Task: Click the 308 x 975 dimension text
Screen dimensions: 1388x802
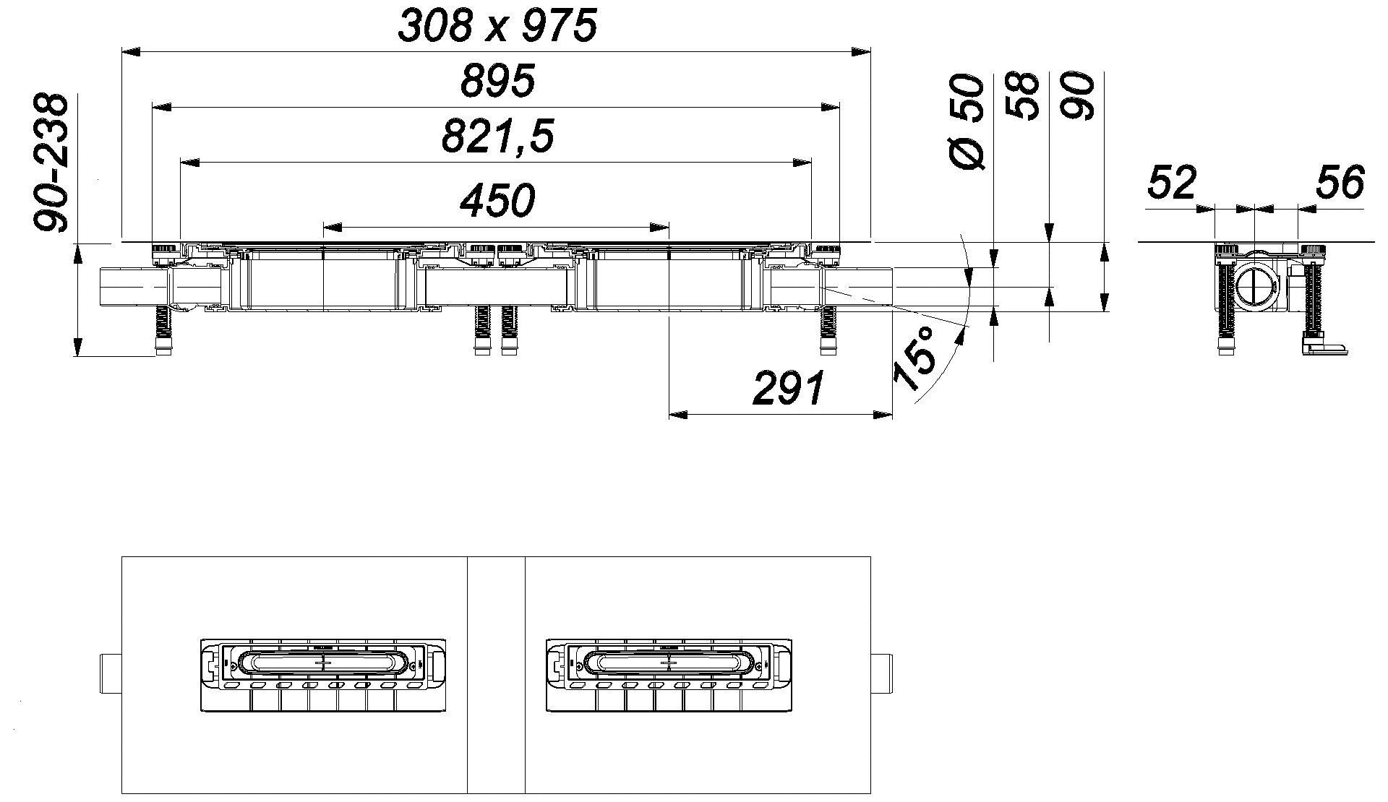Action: tap(497, 27)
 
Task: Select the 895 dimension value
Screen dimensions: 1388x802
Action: tap(498, 81)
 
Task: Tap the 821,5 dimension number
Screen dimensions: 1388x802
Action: tap(497, 137)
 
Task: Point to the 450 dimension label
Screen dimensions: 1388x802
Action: tap(498, 200)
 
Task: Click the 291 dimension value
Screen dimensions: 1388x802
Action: tap(789, 388)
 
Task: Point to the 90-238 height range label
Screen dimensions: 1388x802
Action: tap(51, 163)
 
